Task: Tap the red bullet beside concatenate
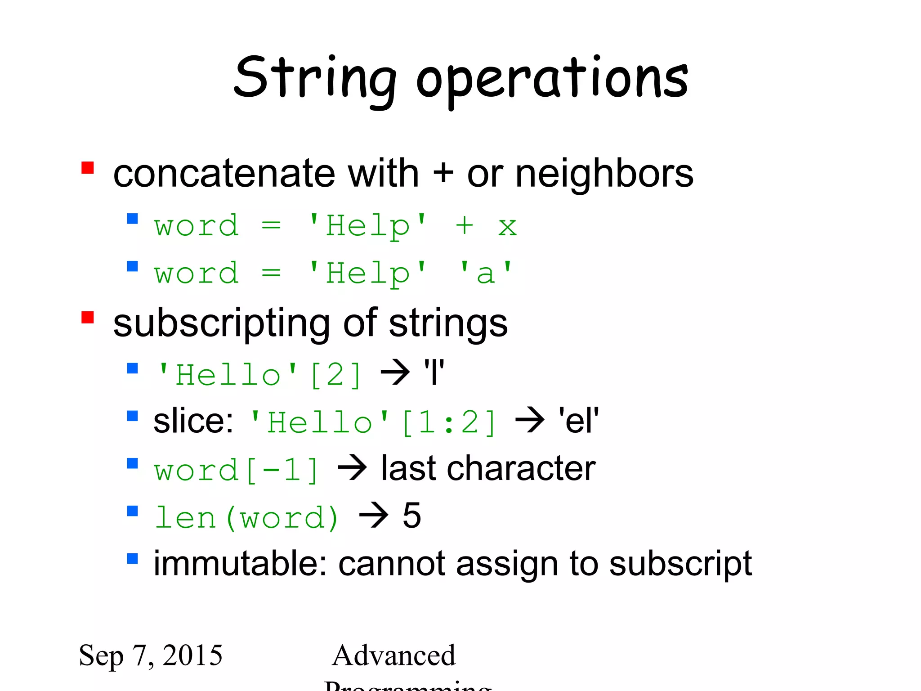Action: coord(88,168)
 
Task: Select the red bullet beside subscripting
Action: coord(88,318)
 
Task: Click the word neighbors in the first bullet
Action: coord(604,174)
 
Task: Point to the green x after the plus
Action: coord(507,226)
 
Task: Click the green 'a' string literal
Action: coord(486,274)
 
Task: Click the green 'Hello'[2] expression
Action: coord(259,375)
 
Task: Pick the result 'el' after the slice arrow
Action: coord(578,421)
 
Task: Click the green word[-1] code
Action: coord(237,471)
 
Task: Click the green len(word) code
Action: coord(246,518)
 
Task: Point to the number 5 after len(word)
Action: coord(411,516)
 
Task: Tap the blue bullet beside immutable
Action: coord(132,559)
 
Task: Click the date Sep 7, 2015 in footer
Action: coord(151,655)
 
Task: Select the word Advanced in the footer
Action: coord(394,655)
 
